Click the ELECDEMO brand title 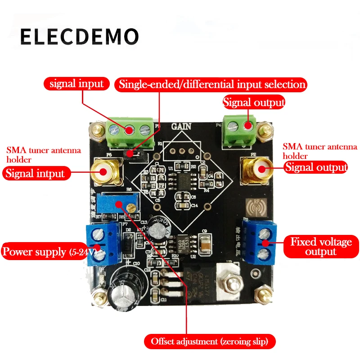[x=79, y=36]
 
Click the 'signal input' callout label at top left [x=76, y=84]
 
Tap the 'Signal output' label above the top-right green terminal [x=254, y=102]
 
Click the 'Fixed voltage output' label [x=321, y=247]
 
